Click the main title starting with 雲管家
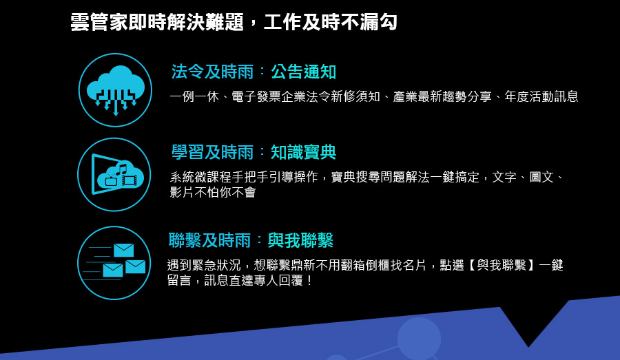(x=234, y=22)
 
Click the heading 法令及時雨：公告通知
(x=254, y=72)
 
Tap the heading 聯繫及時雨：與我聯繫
(x=251, y=240)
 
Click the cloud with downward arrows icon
(x=116, y=90)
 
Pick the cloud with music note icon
(x=114, y=175)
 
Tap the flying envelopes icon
(x=114, y=263)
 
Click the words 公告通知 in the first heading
(x=304, y=72)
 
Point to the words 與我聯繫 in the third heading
(x=301, y=240)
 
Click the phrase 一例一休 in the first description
(x=194, y=97)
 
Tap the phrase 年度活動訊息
(x=541, y=97)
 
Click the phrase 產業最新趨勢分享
(x=442, y=97)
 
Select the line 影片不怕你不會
(x=213, y=193)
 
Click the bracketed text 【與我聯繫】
(x=502, y=265)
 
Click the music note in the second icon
(x=121, y=169)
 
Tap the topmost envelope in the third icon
(x=124, y=250)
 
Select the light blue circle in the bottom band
(x=419, y=339)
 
